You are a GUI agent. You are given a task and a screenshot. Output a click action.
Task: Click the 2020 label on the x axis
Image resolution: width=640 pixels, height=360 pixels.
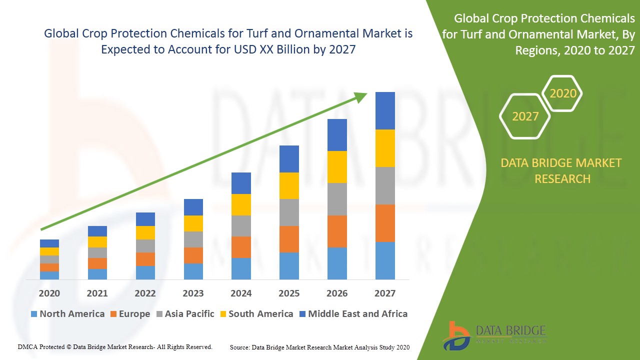[49, 293]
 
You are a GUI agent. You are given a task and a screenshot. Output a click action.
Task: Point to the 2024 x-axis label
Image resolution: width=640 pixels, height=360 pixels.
[241, 293]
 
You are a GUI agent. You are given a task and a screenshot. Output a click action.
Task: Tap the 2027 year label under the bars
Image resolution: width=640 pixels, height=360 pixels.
[385, 293]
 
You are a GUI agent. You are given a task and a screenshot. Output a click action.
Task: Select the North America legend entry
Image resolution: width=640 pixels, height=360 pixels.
[67, 314]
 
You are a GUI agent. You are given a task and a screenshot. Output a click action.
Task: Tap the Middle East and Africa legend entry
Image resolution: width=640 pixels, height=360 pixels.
[353, 314]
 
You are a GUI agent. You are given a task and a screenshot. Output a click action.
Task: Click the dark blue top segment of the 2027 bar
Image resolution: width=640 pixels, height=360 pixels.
[385, 110]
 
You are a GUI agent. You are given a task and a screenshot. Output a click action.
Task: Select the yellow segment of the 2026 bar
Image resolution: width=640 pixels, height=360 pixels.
[337, 166]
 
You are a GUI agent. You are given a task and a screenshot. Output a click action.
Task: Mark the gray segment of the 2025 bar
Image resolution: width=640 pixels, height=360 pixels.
[289, 212]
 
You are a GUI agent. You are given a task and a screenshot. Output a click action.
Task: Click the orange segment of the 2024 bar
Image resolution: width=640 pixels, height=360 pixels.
[241, 247]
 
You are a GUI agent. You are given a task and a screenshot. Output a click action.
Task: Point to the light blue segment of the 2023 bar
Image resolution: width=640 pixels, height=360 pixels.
[193, 271]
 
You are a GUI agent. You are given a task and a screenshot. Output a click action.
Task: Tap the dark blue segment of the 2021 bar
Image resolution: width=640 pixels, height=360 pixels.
[97, 231]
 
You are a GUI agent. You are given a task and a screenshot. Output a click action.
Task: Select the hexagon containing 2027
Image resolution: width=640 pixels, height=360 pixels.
[525, 116]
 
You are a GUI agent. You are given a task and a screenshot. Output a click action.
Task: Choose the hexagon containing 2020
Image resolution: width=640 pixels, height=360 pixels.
[563, 93]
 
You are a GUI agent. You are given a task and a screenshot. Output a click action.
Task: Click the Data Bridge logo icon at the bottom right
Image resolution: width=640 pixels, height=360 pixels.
[456, 335]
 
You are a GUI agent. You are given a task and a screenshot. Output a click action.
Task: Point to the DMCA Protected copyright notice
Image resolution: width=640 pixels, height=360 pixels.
[115, 346]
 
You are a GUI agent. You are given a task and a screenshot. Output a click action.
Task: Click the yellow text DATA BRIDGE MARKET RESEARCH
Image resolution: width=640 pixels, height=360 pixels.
[562, 170]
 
